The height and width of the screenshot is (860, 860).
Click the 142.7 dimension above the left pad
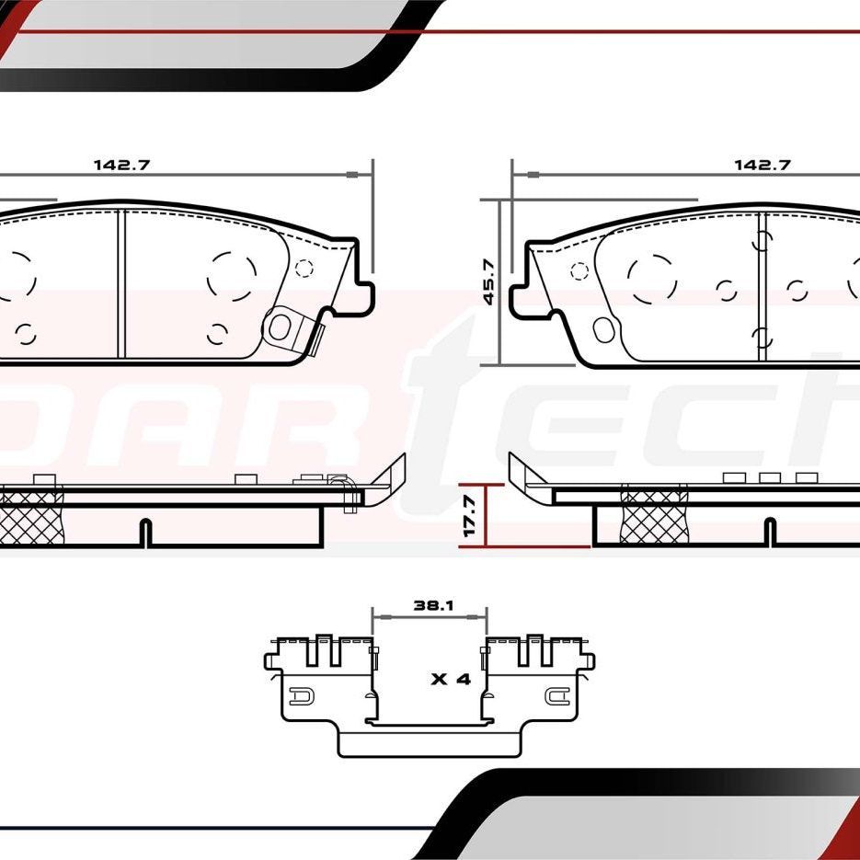coord(120,166)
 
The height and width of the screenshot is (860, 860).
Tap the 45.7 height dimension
coord(488,281)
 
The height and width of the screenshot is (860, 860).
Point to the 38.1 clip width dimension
coord(430,606)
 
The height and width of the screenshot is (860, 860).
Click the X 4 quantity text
coord(451,680)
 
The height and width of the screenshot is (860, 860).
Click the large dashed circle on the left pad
coord(232,275)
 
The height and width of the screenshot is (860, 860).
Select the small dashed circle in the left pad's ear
coord(304,269)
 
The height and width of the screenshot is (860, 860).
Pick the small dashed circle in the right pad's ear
coord(579,271)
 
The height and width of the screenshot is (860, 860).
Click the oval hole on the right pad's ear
coord(604,328)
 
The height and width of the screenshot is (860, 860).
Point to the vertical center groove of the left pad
coord(120,283)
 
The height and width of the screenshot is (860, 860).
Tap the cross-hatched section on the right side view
coord(654,518)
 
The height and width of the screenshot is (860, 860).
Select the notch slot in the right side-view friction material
coord(770,533)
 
